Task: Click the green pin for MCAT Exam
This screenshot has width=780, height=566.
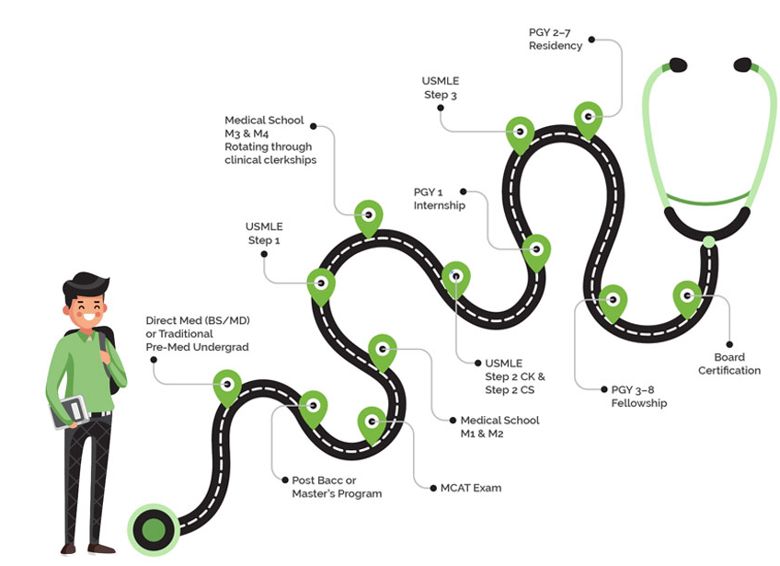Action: tap(372, 422)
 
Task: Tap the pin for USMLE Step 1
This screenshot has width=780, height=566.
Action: tap(321, 284)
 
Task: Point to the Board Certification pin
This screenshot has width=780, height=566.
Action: tap(687, 296)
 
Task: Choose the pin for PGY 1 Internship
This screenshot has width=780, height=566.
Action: tap(536, 249)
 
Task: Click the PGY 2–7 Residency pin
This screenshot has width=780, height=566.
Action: tap(588, 117)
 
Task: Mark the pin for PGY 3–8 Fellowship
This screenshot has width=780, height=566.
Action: tap(613, 300)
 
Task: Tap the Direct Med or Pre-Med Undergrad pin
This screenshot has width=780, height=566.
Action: tap(227, 385)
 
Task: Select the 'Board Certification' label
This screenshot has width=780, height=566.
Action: tap(729, 364)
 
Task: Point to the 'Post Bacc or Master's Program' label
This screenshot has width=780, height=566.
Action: tap(336, 487)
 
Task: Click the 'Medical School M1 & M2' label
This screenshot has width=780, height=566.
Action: tap(499, 427)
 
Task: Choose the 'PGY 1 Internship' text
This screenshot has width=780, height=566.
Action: tap(439, 199)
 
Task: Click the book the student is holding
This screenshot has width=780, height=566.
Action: tap(70, 410)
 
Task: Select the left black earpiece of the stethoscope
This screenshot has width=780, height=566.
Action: tap(677, 65)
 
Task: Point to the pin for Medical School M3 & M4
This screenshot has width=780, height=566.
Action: tap(369, 216)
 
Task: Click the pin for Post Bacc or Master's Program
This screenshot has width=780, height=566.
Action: tap(314, 406)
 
